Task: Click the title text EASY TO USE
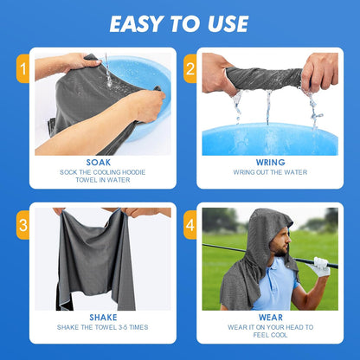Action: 179,24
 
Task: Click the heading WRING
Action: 270,161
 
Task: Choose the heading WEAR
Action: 270,317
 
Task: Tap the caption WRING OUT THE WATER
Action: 270,172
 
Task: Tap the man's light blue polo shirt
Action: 275,290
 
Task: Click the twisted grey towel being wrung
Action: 263,78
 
